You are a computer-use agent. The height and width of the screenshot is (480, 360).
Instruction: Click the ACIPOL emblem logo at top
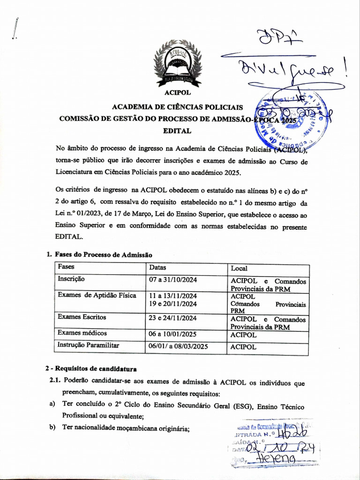(178, 64)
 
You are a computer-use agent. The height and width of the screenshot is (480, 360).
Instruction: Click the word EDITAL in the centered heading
(177, 131)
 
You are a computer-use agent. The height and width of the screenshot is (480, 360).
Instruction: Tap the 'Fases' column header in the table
(66, 267)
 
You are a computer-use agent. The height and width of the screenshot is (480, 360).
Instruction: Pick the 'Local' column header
(239, 269)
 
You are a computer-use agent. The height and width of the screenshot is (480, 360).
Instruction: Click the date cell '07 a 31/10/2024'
(173, 280)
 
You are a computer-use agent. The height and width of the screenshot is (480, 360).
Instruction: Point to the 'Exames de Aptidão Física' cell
(97, 295)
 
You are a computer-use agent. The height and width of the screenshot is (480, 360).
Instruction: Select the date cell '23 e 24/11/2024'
(173, 317)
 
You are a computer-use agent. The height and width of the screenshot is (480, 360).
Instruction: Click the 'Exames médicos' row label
(82, 333)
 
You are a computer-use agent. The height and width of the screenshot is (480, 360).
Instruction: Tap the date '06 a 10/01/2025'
(173, 334)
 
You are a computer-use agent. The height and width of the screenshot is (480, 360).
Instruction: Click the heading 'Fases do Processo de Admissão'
(104, 255)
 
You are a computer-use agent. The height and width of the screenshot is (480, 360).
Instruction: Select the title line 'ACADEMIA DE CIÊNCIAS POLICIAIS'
(177, 107)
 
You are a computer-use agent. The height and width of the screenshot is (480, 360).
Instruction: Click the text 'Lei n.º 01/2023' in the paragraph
(78, 215)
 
